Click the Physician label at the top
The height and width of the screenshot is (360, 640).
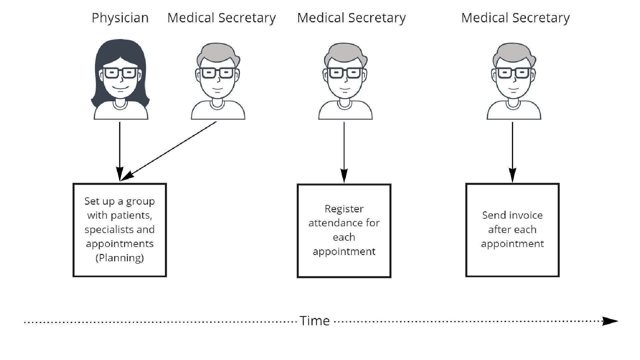(x=120, y=18)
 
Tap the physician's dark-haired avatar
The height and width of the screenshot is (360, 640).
(x=120, y=80)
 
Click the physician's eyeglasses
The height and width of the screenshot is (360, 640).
(x=120, y=73)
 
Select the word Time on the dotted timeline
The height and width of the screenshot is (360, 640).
(x=315, y=321)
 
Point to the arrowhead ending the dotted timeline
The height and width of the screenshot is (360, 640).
(x=610, y=321)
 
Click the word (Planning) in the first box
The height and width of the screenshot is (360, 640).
(x=120, y=258)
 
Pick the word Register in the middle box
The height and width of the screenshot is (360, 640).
(x=344, y=209)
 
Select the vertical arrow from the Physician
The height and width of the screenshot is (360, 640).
(x=120, y=150)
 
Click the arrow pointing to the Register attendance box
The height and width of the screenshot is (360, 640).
(x=344, y=152)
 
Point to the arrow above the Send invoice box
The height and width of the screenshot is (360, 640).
(x=512, y=152)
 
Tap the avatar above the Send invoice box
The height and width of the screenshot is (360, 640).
(x=514, y=82)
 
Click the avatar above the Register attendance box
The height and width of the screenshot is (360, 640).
(x=345, y=82)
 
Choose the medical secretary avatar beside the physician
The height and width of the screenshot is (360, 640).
(x=218, y=82)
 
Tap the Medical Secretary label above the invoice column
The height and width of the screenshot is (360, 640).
(x=515, y=18)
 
